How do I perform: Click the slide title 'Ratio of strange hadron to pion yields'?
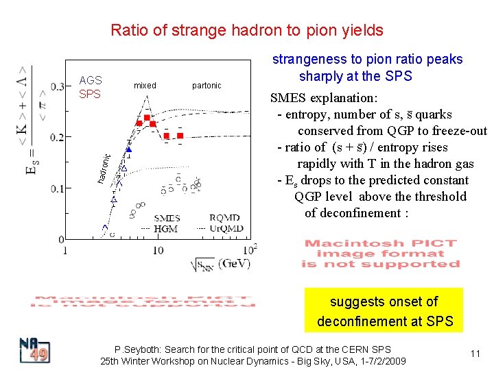point(247,30)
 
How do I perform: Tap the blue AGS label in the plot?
point(91,80)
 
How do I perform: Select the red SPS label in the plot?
point(90,93)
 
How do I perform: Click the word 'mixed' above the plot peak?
point(145,86)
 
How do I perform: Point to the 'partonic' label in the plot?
point(207,86)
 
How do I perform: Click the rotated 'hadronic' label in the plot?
point(103,168)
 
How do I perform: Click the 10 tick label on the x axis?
point(158,250)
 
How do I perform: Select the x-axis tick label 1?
point(65,250)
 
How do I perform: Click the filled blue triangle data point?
point(128,149)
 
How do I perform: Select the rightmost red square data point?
point(180,136)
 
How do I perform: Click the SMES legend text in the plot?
point(167,219)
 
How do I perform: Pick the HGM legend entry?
point(165,228)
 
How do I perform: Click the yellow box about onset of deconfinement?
point(384,311)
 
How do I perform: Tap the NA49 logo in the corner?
point(34,350)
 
